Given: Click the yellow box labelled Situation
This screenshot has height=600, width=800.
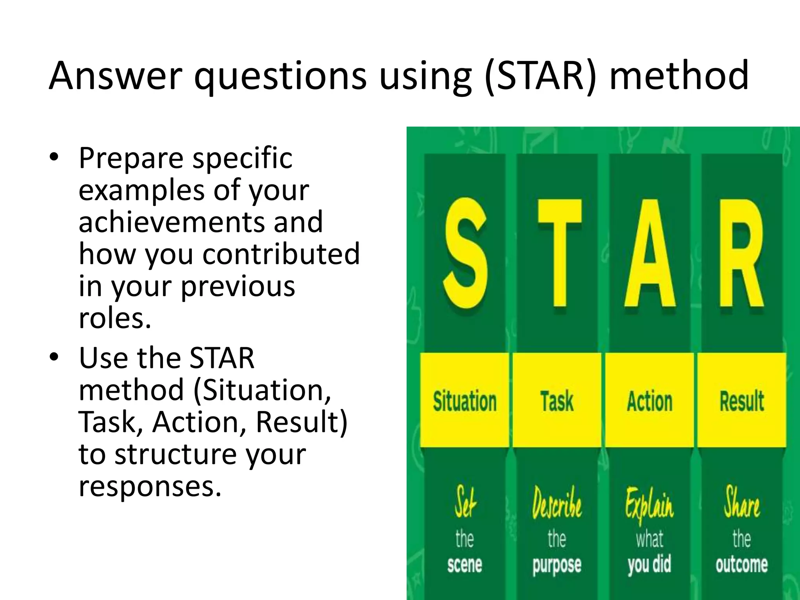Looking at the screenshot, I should pos(464,401).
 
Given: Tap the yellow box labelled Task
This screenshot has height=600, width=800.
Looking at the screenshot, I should pos(557,401).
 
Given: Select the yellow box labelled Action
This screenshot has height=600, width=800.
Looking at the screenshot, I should pos(650,401).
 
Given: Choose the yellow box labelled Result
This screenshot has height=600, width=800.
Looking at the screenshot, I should pos(742,401).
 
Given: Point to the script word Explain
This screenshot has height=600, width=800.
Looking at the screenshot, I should pos(649,505).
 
